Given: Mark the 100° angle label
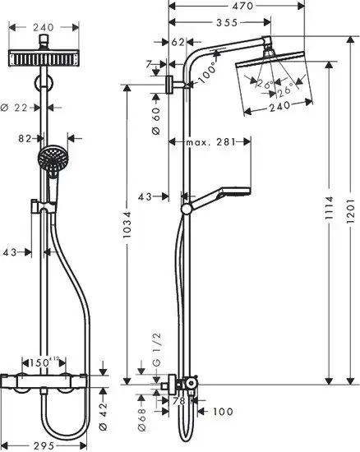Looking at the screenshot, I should [211, 72].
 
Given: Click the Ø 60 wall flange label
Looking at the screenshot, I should [155, 123].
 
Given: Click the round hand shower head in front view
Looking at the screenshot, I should [51, 155].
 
